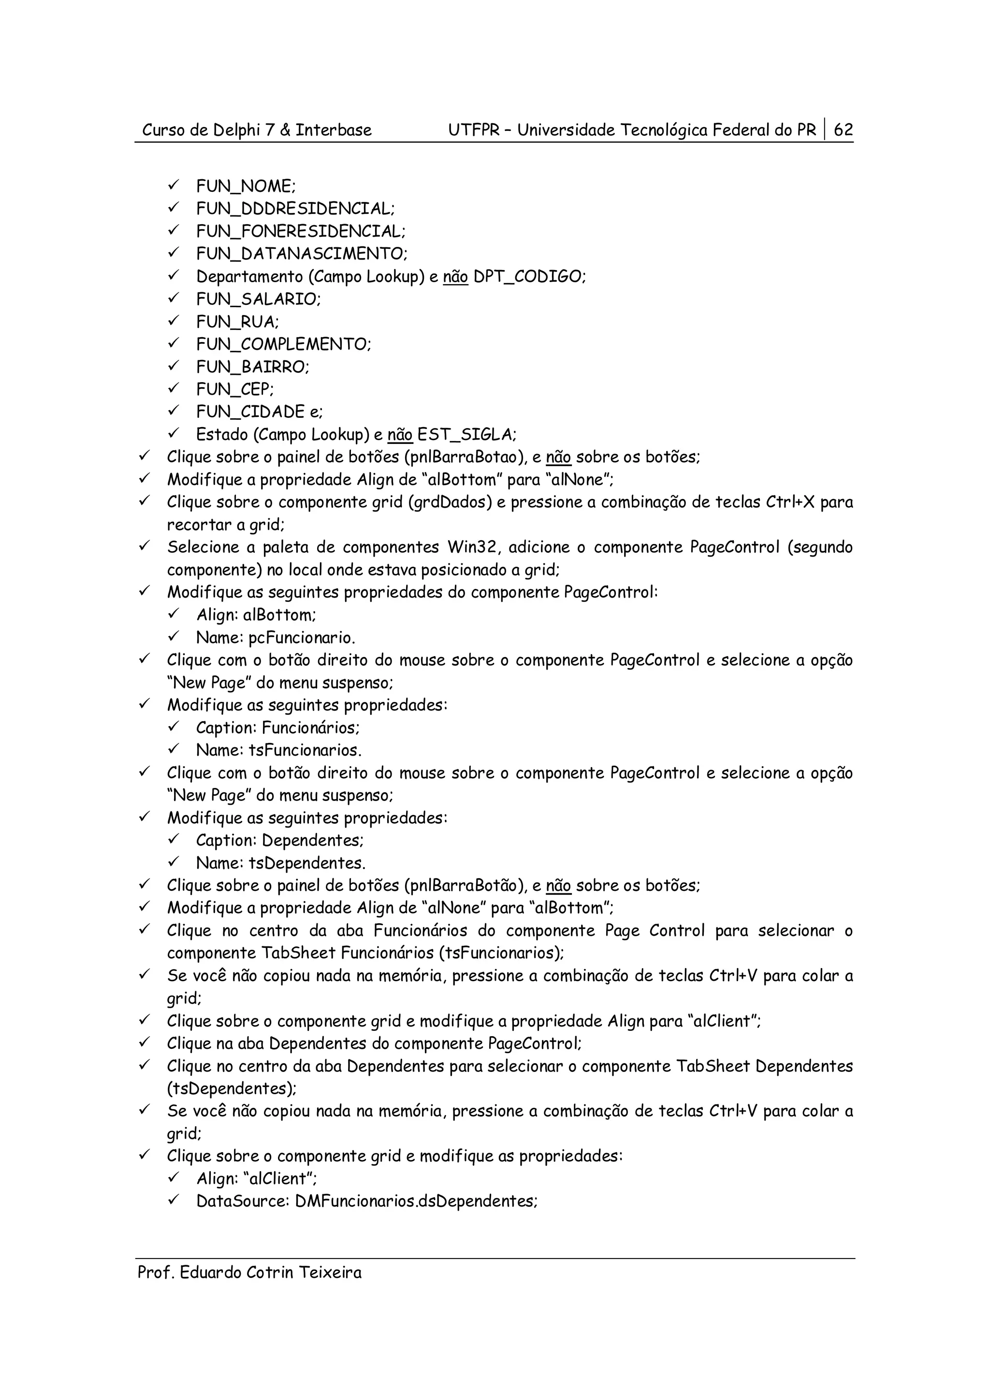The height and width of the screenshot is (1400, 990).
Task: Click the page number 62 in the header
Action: click(843, 130)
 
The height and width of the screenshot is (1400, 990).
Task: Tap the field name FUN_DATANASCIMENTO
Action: click(301, 254)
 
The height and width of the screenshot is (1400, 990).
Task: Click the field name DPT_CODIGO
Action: click(529, 277)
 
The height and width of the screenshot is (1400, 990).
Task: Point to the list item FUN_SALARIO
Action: click(258, 300)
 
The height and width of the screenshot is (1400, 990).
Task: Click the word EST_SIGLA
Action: click(466, 435)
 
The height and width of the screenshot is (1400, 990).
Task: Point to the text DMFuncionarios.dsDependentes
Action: click(415, 1201)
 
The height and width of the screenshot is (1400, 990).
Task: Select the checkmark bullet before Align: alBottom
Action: click(173, 614)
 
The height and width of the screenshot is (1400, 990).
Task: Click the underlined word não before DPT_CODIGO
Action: click(455, 277)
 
